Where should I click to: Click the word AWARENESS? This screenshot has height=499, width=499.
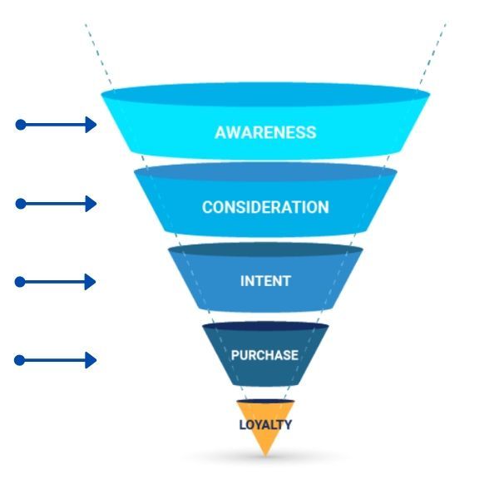pyautogui.click(x=265, y=132)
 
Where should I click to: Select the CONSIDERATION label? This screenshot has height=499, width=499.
pyautogui.click(x=265, y=207)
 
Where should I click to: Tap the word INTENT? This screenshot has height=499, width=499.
pyautogui.click(x=265, y=281)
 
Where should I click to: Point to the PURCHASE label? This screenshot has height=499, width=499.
pyautogui.click(x=264, y=355)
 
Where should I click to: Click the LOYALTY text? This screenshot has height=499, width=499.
pyautogui.click(x=265, y=424)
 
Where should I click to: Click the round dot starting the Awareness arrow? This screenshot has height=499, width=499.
pyautogui.click(x=21, y=125)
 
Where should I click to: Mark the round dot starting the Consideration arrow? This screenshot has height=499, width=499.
pyautogui.click(x=21, y=204)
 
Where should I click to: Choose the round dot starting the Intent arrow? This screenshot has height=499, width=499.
pyautogui.click(x=21, y=282)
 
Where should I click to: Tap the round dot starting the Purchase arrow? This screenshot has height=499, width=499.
pyautogui.click(x=21, y=360)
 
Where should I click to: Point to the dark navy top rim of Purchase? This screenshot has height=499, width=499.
pyautogui.click(x=265, y=327)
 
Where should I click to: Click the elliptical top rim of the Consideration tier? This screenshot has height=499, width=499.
pyautogui.click(x=265, y=171)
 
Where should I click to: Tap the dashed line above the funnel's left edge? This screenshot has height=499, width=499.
pyautogui.click(x=92, y=50)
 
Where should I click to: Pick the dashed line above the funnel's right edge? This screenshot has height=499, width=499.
pyautogui.click(x=437, y=50)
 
